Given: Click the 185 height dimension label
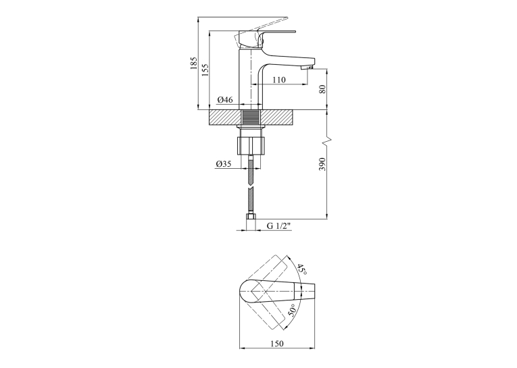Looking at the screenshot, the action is [x=193, y=63].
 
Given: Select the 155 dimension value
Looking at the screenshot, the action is [x=205, y=70].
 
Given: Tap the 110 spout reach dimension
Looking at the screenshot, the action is [x=279, y=80].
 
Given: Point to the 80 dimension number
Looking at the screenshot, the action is [x=322, y=89].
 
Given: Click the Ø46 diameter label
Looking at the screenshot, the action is [x=225, y=99].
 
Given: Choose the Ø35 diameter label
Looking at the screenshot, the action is [x=224, y=163].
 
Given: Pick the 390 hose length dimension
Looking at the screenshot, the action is [x=322, y=164].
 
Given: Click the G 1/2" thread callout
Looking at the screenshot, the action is [x=278, y=226].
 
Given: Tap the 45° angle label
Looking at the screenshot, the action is [x=302, y=269].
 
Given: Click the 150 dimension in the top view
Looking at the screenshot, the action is [x=277, y=344].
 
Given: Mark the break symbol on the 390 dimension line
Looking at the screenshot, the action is [x=327, y=140].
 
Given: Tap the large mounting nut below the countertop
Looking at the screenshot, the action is [x=251, y=145].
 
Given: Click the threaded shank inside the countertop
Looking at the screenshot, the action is [x=251, y=117].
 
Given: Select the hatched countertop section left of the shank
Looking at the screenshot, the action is [x=225, y=117].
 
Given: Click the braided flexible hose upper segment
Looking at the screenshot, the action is [x=251, y=172].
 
